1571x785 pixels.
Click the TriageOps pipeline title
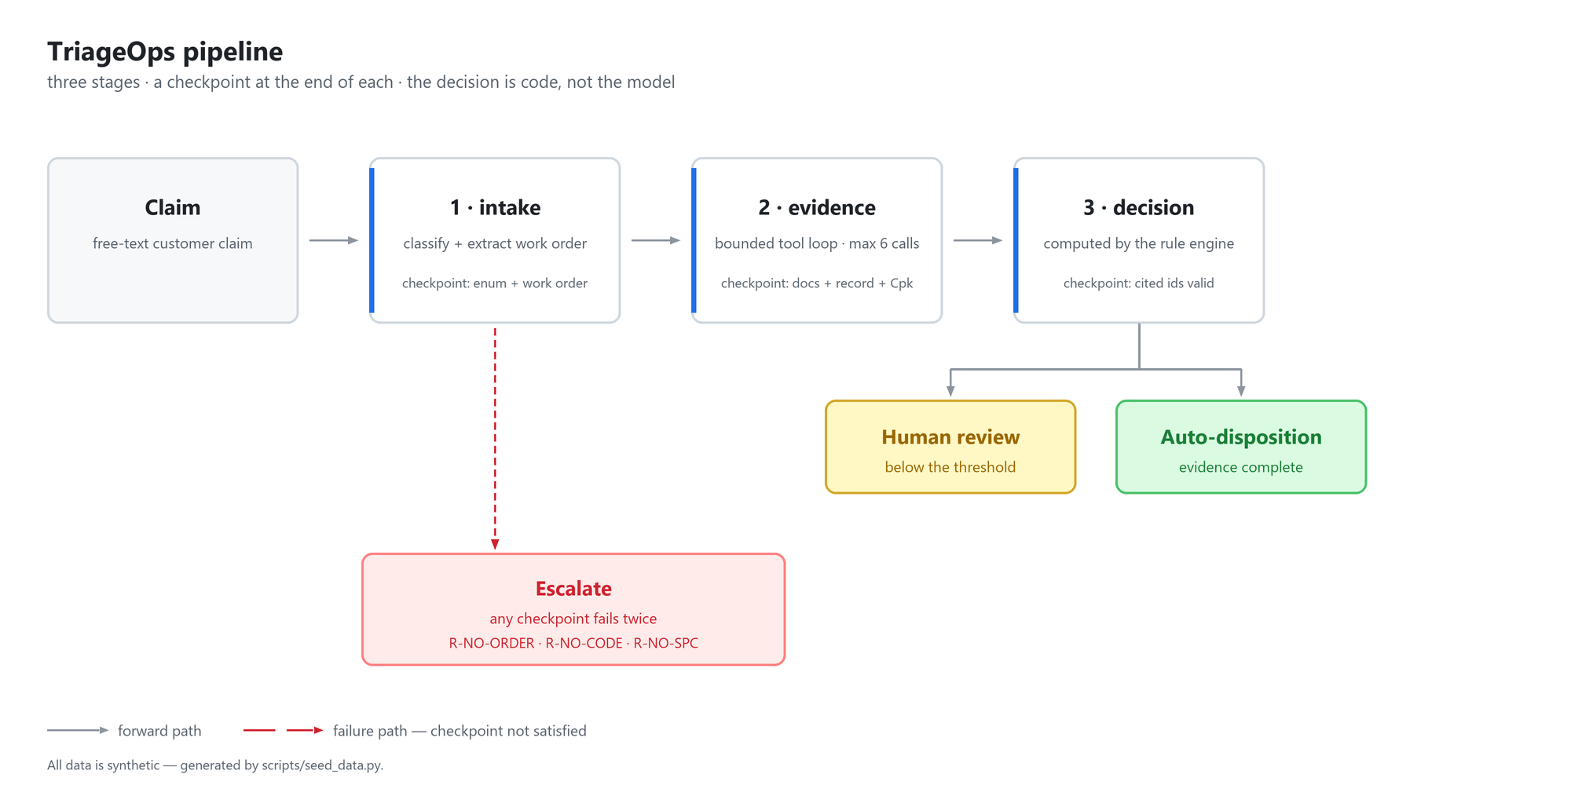pyautogui.click(x=165, y=52)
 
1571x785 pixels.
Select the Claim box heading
pyautogui.click(x=173, y=207)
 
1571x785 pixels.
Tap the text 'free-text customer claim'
pyautogui.click(x=173, y=243)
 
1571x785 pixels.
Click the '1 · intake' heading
pyautogui.click(x=495, y=207)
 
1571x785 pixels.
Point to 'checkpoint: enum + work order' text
pyautogui.click(x=495, y=283)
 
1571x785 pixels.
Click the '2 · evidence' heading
pyautogui.click(x=817, y=207)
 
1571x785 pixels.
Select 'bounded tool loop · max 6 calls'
pyautogui.click(x=817, y=243)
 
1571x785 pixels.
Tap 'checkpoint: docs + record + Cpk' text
pyautogui.click(x=817, y=283)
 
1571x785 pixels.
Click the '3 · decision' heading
pyautogui.click(x=1139, y=207)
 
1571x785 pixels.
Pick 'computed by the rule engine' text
pyautogui.click(x=1139, y=243)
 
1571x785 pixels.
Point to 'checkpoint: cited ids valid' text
pyautogui.click(x=1139, y=283)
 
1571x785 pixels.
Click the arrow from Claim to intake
pyautogui.click(x=334, y=240)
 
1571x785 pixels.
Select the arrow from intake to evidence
pyautogui.click(x=656, y=240)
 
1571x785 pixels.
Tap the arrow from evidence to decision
pyautogui.click(x=978, y=240)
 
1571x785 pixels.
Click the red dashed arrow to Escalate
pyautogui.click(x=495, y=439)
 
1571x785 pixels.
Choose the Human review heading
pyautogui.click(x=950, y=437)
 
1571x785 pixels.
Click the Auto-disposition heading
pyautogui.click(x=1241, y=437)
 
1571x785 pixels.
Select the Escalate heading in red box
pyautogui.click(x=573, y=589)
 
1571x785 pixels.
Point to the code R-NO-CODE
pyautogui.click(x=584, y=643)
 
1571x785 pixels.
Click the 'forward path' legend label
pyautogui.click(x=159, y=731)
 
